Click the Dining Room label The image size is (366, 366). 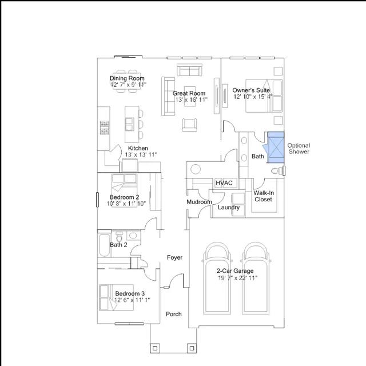tap(127, 78)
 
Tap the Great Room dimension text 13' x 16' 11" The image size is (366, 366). tap(192, 100)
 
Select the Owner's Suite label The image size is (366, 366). tap(251, 90)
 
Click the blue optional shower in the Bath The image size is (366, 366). tap(276, 148)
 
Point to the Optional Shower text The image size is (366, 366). tap(299, 149)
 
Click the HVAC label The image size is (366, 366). tap(224, 183)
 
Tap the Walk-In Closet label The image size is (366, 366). tap(264, 196)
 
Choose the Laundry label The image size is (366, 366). tap(229, 207)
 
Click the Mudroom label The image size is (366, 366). tap(200, 202)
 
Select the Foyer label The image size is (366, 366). tap(174, 257)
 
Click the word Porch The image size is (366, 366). tap(174, 314)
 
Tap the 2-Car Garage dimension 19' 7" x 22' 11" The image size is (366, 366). tap(238, 278)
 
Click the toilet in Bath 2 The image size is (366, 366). tap(120, 237)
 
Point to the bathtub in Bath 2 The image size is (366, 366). tap(104, 245)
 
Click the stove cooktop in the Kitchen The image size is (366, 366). tap(104, 128)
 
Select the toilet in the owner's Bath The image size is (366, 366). tap(277, 171)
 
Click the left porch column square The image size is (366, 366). tap(155, 348)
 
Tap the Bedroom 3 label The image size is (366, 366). tap(130, 293)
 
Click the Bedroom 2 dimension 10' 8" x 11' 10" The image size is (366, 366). tap(126, 204)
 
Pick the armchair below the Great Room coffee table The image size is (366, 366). tap(189, 125)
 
